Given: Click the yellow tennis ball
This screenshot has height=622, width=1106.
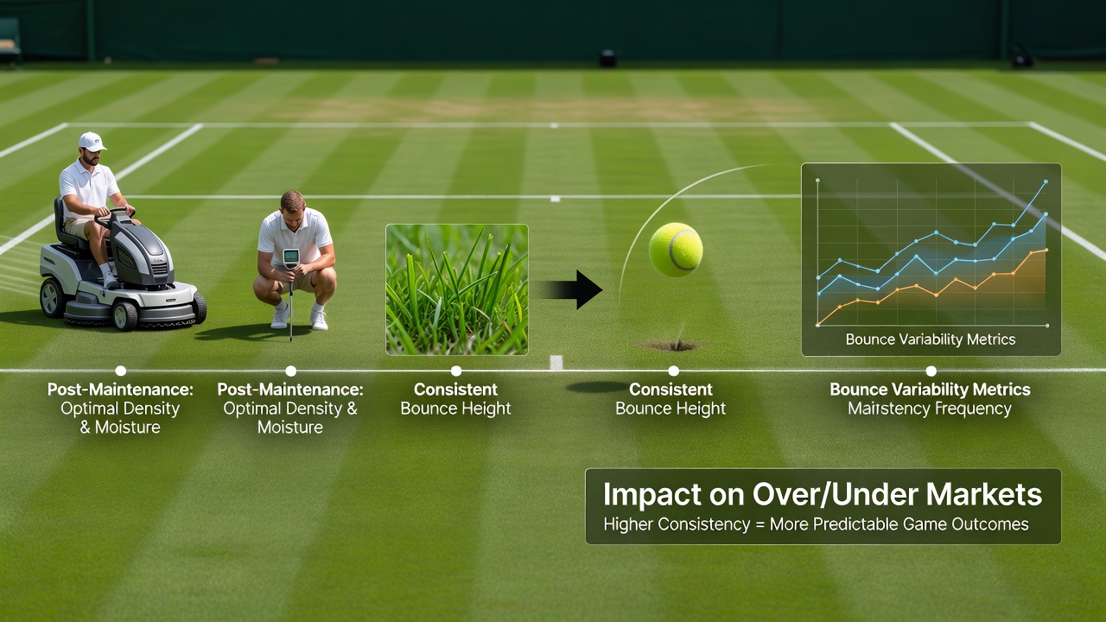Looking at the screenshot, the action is pos(676,250).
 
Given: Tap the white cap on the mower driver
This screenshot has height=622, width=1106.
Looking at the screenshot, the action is pos(92,141).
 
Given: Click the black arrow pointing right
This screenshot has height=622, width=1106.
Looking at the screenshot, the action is pos(573,289).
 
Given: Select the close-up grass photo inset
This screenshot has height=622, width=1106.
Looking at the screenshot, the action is pos(457,289).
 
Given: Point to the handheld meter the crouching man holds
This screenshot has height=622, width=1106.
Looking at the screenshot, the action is pos(291,258).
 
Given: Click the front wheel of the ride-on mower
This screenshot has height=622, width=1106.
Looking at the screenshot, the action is pos(124,315).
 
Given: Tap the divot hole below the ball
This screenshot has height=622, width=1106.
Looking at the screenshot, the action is pos(671,346).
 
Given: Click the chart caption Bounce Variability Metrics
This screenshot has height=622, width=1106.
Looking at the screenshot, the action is pos(931,340).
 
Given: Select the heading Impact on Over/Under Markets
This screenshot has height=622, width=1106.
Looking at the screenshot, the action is pos(823,494).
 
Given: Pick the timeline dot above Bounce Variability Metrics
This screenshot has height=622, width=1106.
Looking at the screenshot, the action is pos(931,371).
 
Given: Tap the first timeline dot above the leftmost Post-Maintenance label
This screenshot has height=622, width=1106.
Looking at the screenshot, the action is pos(120,371).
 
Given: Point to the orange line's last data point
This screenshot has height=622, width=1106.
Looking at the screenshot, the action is pos(1046,250).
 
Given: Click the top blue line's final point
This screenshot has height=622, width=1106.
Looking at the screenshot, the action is pos(1046,181).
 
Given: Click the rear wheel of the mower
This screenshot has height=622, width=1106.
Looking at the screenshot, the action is pos(53,298).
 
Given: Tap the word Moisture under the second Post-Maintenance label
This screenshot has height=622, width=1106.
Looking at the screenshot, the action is pos(290,427).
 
